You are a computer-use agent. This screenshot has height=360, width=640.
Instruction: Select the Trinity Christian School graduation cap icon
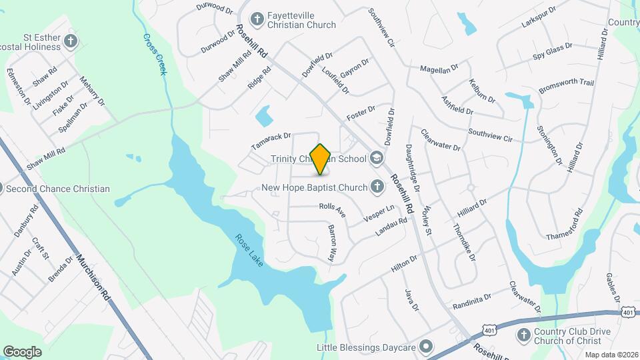(376, 159)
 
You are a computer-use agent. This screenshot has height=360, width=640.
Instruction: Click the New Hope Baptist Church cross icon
(377, 187)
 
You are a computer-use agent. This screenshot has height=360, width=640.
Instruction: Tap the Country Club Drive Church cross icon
(523, 335)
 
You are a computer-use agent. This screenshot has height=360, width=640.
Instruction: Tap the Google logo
(22, 352)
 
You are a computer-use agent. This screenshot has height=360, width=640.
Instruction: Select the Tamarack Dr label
(271, 140)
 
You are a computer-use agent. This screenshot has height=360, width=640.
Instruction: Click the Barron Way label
(331, 241)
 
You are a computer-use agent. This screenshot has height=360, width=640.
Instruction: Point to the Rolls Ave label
(332, 211)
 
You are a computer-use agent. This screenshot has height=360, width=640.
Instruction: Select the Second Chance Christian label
(57, 189)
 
